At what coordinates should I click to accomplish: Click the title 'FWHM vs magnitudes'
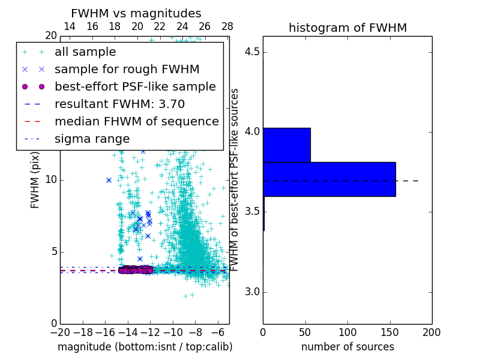pos(136,13)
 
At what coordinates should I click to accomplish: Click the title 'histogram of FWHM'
pos(347,28)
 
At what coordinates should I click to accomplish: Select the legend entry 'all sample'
pos(85,52)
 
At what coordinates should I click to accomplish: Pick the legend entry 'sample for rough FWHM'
pos(127,69)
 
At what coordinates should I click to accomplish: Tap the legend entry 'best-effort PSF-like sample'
pos(135,86)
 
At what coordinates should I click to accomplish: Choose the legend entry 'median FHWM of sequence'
pos(136,121)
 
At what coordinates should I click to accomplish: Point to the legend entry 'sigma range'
pos(92,139)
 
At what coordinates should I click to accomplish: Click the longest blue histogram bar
pos(329,179)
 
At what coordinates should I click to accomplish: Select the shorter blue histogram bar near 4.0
pos(286,145)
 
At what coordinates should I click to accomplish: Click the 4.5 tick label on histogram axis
pos(252,52)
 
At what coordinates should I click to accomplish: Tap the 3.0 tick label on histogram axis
pos(252,292)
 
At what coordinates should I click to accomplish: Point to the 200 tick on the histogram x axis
pos(431,331)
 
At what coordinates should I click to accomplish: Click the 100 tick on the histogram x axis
pos(347,331)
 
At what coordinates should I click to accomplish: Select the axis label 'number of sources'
pos(347,347)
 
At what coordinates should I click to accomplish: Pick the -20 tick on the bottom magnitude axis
pos(60,331)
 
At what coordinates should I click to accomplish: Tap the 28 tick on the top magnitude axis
pos(227,26)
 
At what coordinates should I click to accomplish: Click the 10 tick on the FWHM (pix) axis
pos(51,179)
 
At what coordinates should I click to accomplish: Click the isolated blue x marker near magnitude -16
pos(109,180)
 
